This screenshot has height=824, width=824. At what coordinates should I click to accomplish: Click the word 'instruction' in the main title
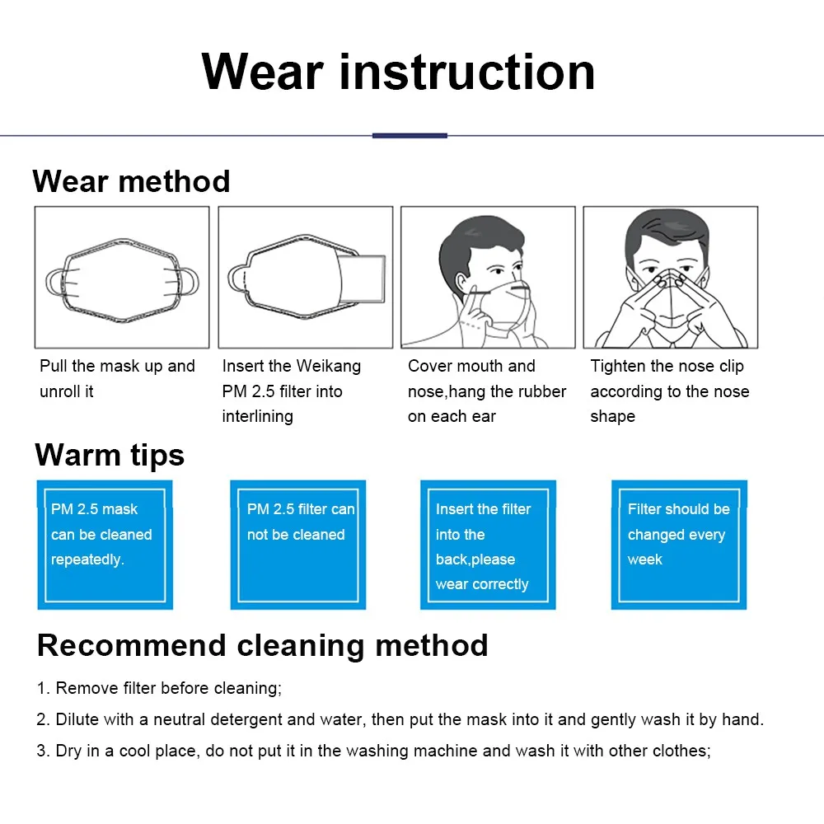pyautogui.click(x=467, y=72)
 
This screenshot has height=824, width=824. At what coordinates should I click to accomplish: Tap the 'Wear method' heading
pyautogui.click(x=131, y=181)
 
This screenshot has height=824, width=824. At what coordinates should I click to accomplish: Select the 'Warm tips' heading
pyautogui.click(x=110, y=455)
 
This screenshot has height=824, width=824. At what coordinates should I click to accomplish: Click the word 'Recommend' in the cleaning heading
pyautogui.click(x=131, y=645)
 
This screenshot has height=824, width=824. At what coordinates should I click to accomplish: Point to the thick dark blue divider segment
pyautogui.click(x=410, y=136)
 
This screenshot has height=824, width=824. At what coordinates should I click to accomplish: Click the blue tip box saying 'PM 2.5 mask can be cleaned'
pyautogui.click(x=105, y=545)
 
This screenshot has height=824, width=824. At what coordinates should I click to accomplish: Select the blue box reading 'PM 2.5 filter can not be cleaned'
pyautogui.click(x=298, y=545)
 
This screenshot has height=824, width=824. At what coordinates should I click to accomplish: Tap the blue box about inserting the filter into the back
pyautogui.click(x=488, y=545)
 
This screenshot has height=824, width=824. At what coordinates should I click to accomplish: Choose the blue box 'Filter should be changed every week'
pyautogui.click(x=679, y=545)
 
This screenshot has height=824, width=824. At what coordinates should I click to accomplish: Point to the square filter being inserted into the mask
pyautogui.click(x=363, y=279)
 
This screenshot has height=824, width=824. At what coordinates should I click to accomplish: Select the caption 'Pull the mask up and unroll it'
pyautogui.click(x=117, y=378)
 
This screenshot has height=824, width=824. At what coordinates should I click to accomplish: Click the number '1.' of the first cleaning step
pyautogui.click(x=43, y=688)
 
